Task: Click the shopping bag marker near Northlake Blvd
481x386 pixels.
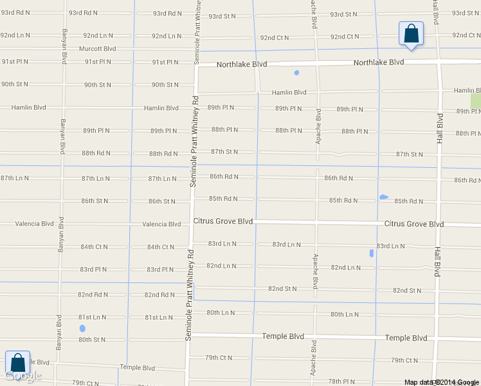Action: pos(410,33)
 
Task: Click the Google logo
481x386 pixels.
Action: pos(23,376)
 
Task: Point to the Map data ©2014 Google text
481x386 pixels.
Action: pos(442,382)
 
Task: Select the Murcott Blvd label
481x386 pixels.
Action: pos(97,48)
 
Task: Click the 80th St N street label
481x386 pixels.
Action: pos(92,340)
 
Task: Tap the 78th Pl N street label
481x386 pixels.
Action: pos(341,381)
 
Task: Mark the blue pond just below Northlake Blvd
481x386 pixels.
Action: pos(296,73)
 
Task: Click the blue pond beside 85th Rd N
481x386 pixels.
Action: pos(384,197)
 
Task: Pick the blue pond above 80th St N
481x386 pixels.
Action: pos(82,329)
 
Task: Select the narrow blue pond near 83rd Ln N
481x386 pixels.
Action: pos(372,253)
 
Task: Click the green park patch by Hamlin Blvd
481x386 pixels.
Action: pos(475,102)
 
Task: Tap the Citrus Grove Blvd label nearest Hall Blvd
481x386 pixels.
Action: pos(414,224)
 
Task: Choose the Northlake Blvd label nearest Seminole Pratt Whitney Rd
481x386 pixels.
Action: pos(241,65)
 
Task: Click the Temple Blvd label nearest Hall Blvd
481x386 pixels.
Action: pos(406,338)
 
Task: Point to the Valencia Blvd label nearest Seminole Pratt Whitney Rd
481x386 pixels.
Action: pos(161,225)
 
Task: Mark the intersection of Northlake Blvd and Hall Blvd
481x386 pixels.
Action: pos(439,62)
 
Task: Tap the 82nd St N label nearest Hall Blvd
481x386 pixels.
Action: pos(407,291)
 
